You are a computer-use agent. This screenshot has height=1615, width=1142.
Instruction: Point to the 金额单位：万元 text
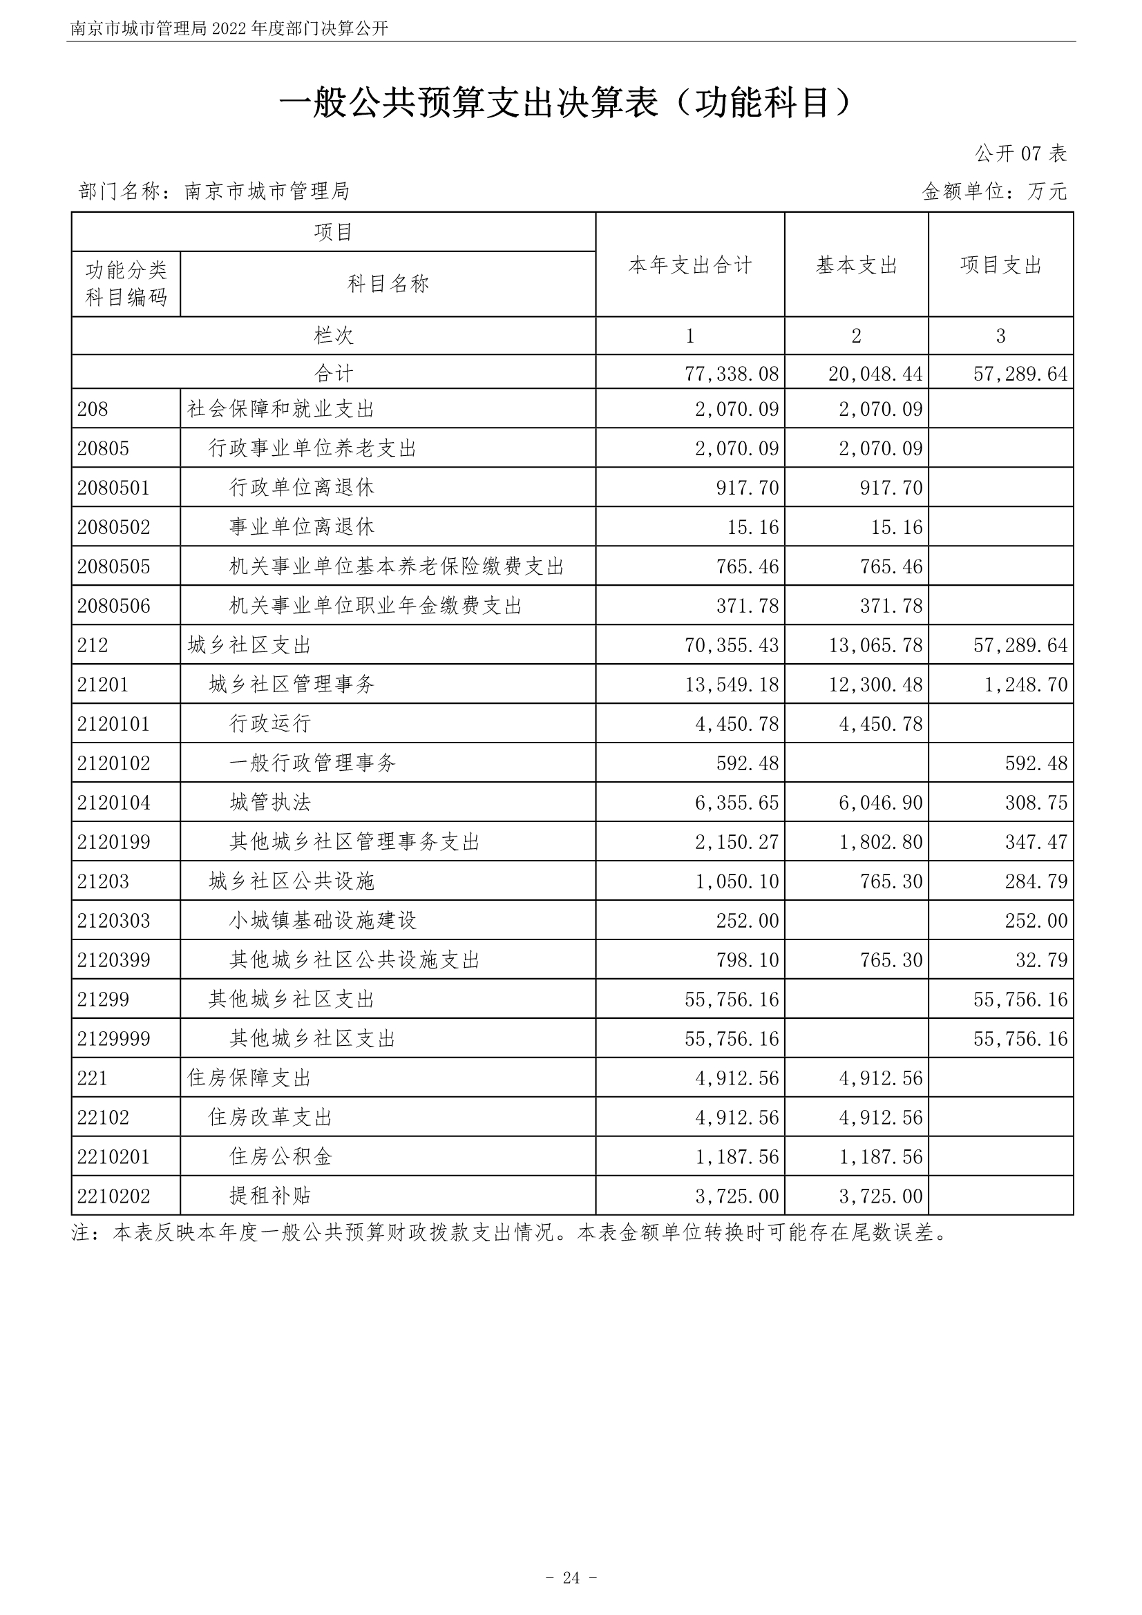tap(993, 191)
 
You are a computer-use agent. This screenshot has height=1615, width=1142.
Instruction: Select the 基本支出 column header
tap(855, 265)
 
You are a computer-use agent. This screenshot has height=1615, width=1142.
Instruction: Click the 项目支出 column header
tap(1000, 265)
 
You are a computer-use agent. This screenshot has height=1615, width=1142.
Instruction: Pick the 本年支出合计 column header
tap(689, 265)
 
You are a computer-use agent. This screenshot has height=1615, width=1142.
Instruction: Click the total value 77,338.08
tap(731, 374)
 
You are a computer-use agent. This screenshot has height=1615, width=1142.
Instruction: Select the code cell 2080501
tap(113, 488)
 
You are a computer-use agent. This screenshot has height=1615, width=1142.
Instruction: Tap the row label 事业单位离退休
tap(302, 528)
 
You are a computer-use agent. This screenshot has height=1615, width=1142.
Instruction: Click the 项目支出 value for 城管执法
tap(1036, 803)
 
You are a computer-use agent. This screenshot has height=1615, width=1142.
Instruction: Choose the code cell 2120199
tap(113, 842)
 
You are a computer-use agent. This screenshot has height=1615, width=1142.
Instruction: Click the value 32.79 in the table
tap(1040, 960)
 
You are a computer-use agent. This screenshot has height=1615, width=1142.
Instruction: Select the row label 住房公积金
tap(280, 1157)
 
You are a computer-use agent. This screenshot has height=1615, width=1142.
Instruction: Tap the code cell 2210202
tap(113, 1196)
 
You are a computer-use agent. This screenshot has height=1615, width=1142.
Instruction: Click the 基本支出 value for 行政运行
tap(879, 724)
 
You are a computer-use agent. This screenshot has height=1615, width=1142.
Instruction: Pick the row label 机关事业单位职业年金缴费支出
tap(376, 606)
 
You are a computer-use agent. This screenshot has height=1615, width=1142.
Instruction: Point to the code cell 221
tap(92, 1078)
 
